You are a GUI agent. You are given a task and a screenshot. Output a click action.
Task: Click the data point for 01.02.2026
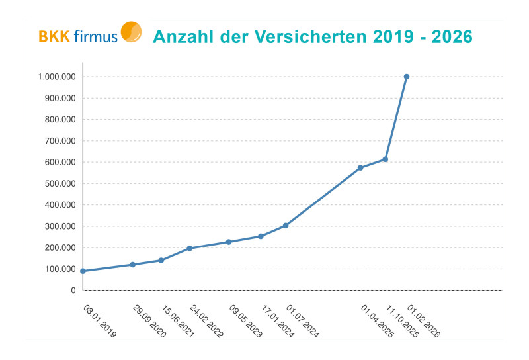point(407,77)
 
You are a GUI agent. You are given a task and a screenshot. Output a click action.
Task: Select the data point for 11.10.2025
point(385,159)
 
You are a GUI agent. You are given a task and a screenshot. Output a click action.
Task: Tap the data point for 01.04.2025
point(360,168)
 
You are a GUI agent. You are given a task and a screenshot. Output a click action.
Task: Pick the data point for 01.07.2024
point(286,226)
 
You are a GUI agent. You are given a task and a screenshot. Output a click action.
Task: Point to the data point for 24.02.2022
point(190,248)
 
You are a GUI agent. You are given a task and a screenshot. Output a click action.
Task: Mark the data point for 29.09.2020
point(133,265)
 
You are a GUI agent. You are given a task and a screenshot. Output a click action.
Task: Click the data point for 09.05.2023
point(229,242)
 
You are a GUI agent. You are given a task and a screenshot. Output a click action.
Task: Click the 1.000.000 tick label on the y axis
point(57,77)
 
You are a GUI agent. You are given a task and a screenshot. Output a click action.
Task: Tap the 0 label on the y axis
point(73,291)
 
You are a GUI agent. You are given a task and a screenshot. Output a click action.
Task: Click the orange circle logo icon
point(131,32)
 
